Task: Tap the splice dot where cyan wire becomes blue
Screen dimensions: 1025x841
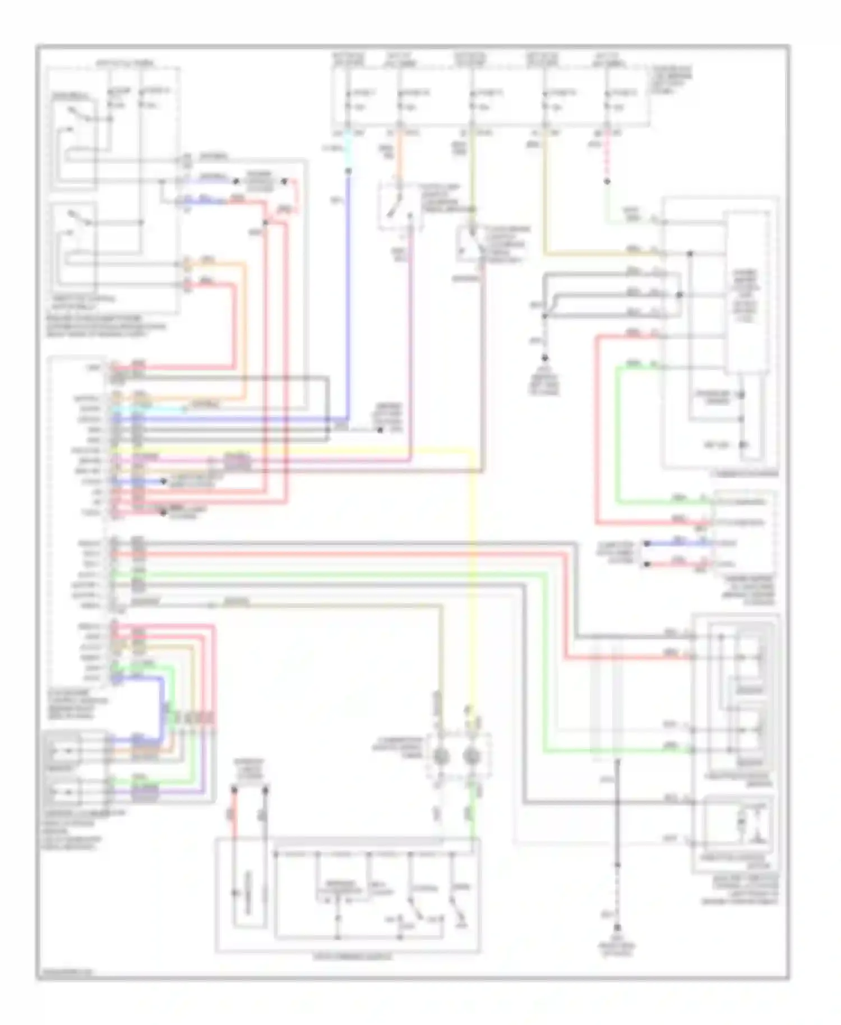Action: (348, 171)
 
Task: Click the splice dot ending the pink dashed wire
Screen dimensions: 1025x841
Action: (607, 182)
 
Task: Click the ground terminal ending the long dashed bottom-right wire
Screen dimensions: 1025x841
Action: (618, 928)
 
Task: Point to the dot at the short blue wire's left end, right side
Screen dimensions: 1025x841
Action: (646, 543)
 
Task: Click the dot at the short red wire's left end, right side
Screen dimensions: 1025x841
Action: (646, 564)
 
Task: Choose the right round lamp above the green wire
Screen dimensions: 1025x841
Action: (472, 758)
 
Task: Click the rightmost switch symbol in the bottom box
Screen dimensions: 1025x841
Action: (455, 911)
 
